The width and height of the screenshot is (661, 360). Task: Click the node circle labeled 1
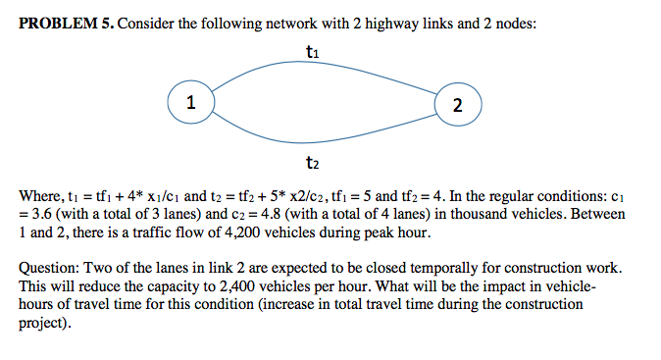coord(191,102)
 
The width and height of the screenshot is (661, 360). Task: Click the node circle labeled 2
coord(457,105)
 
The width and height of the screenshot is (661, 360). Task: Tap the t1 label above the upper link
coord(312,50)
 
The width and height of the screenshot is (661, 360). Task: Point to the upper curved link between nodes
coord(324,67)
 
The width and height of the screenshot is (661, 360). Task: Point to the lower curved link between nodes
coord(324,139)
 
